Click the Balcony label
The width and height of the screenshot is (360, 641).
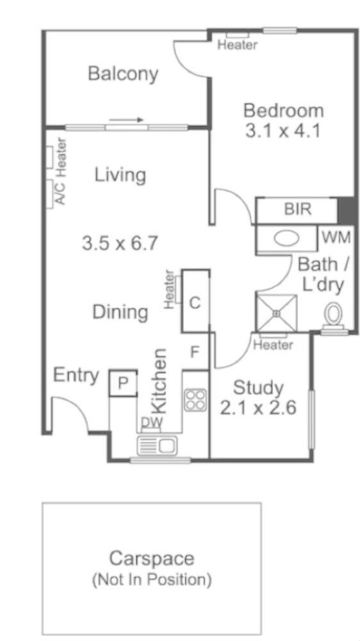click(x=123, y=74)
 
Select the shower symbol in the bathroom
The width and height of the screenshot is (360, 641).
click(x=277, y=313)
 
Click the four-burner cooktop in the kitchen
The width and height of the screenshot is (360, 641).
click(x=195, y=400)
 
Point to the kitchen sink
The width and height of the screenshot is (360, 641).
click(x=158, y=445)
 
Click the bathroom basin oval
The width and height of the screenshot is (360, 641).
click(x=286, y=238)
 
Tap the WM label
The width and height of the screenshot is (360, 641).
click(x=337, y=238)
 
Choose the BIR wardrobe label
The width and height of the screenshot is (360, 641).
click(x=297, y=210)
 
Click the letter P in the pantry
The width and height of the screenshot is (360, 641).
click(x=123, y=383)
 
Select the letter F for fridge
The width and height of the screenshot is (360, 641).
click(x=195, y=352)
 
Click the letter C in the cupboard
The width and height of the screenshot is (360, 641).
click(x=195, y=303)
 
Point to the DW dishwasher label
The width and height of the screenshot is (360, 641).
click(x=152, y=422)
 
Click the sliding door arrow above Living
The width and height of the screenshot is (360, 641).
click(x=126, y=120)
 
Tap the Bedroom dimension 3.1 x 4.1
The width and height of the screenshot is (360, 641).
click(x=282, y=131)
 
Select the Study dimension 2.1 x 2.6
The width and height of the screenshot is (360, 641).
click(x=258, y=408)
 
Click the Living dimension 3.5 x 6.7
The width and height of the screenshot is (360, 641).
click(x=120, y=244)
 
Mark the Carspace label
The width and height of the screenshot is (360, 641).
click(x=152, y=558)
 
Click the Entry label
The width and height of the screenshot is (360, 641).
click(x=76, y=376)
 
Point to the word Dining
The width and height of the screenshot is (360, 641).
click(x=120, y=313)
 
